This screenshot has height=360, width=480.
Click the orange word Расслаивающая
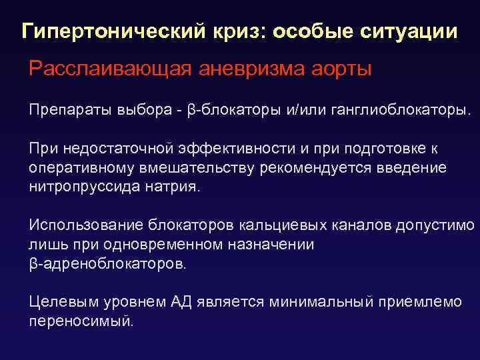pos(99,69)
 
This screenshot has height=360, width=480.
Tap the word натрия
pos(171,187)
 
